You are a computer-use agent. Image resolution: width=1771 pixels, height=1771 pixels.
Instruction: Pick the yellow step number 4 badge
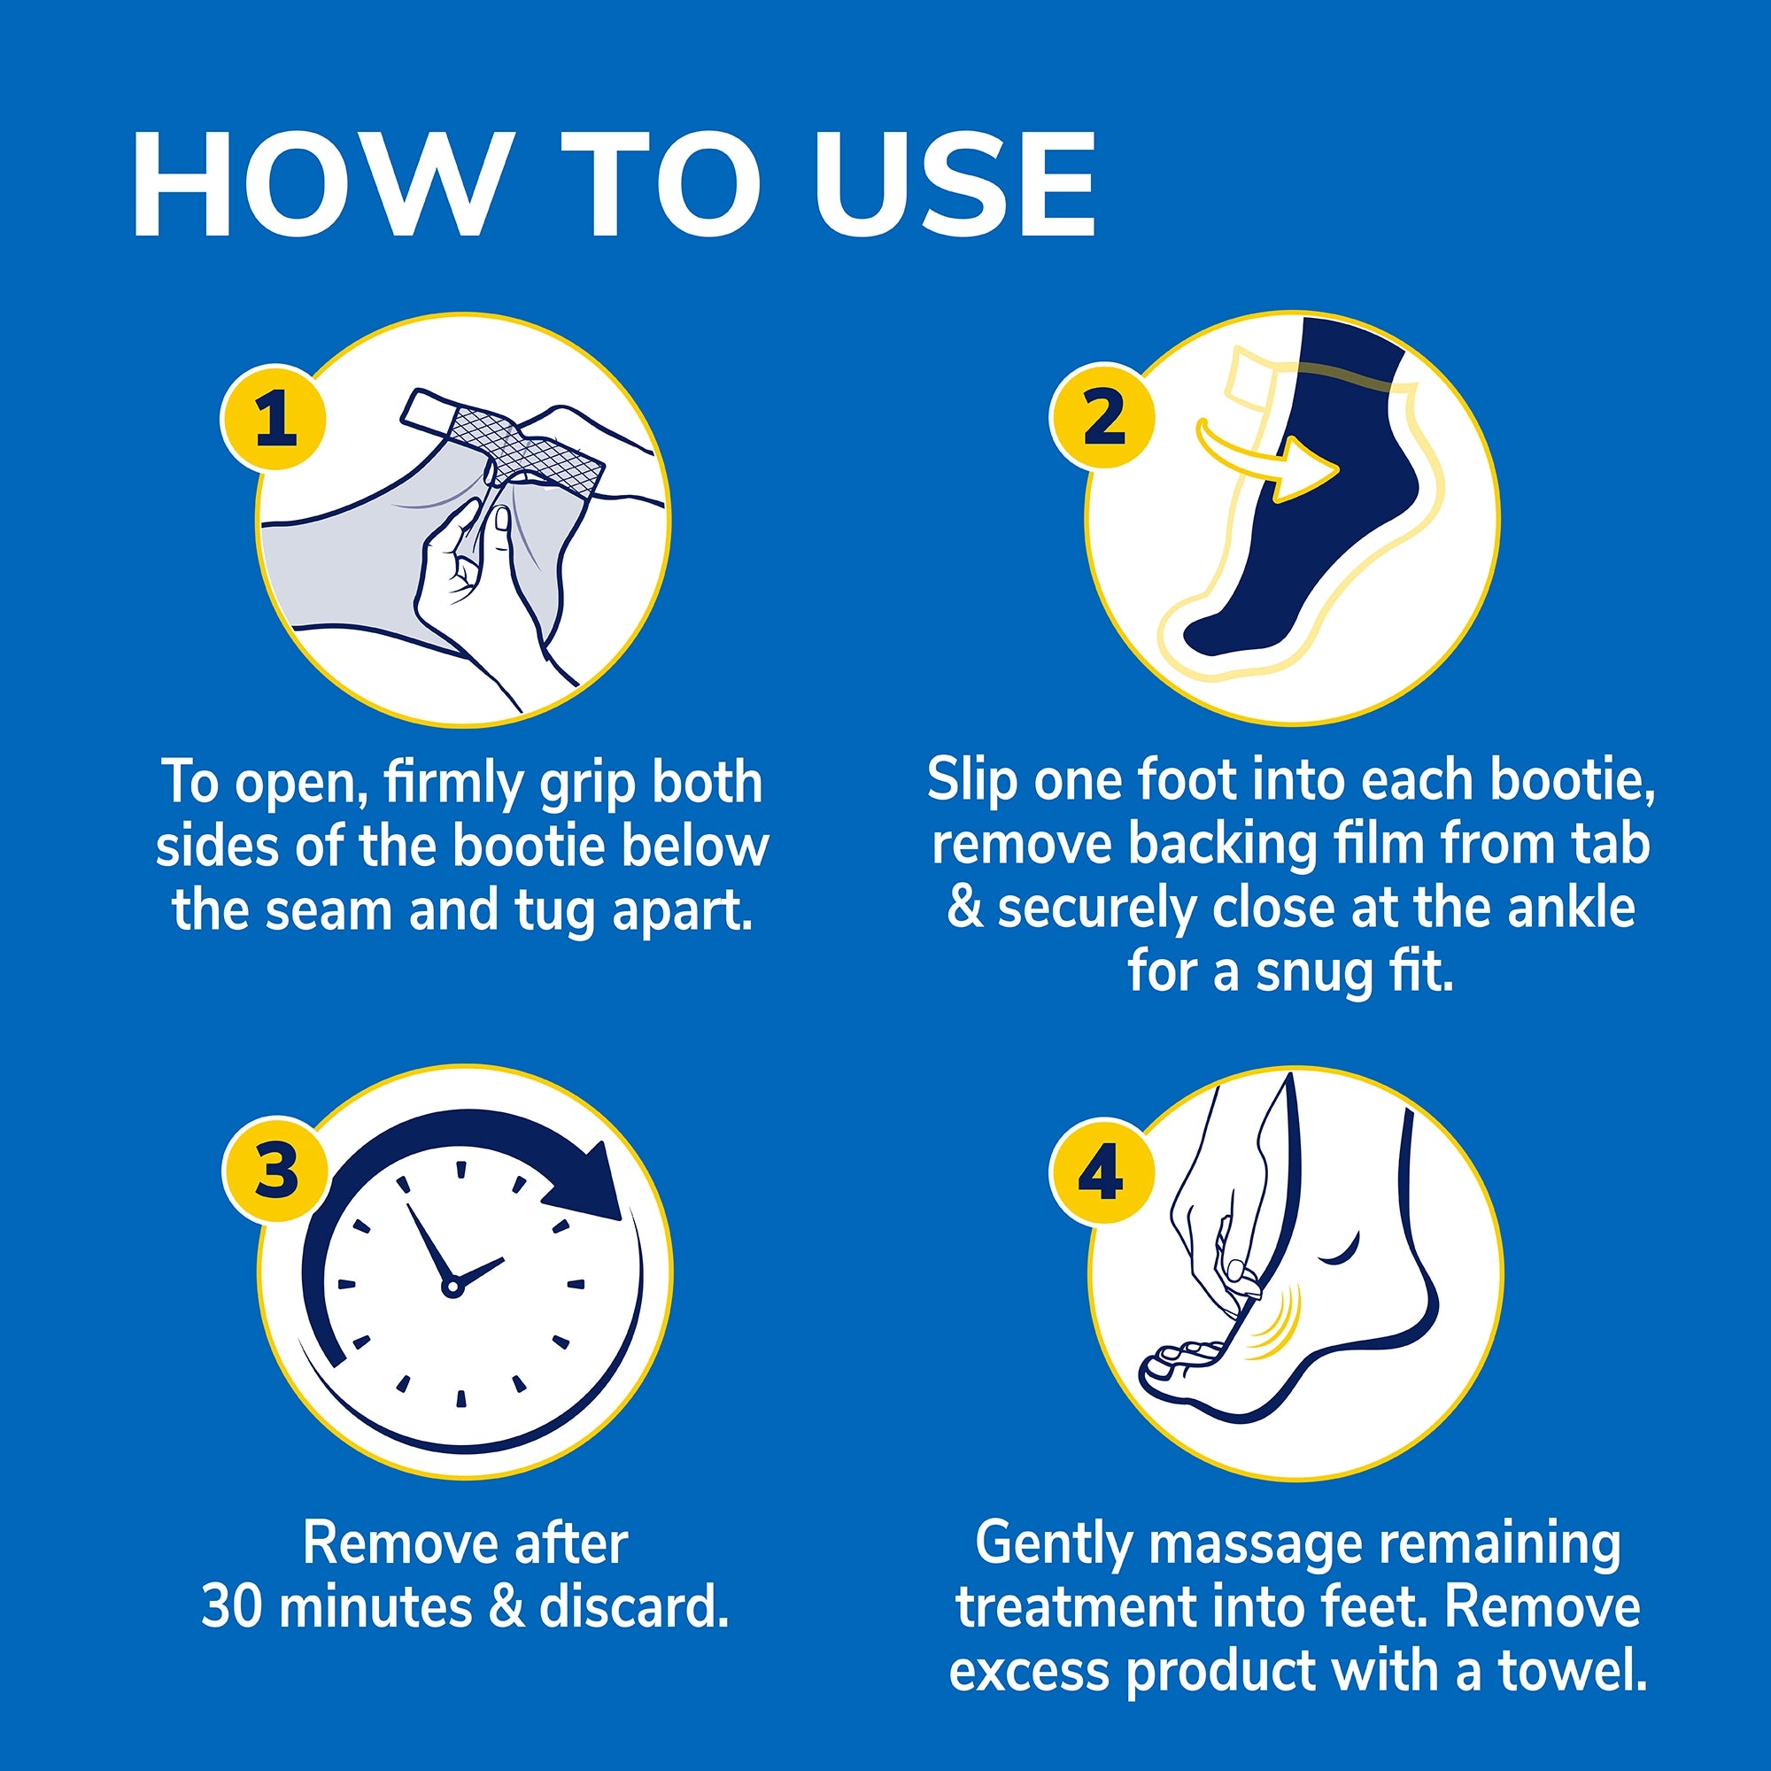pos(1101,1173)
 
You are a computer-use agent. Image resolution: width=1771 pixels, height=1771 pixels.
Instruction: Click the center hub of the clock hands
pos(451,1288)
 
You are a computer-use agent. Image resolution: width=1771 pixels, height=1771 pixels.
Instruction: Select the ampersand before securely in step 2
pos(964,908)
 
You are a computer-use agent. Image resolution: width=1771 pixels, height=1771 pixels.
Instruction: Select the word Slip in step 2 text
pos(971,781)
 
